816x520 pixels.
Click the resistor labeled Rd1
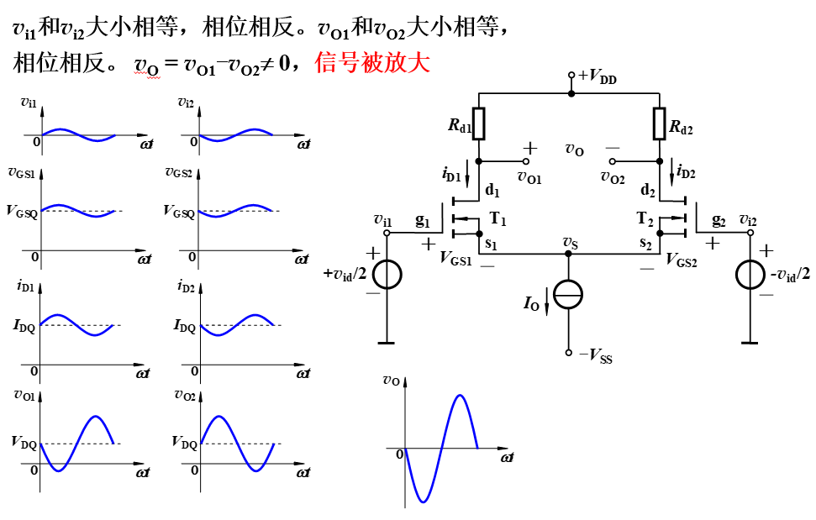pos(479,123)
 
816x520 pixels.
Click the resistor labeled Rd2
pos(660,123)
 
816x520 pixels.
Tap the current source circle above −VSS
pos(568,294)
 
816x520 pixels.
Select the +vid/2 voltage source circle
pos(386,275)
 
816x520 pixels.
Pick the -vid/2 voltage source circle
pos(750,275)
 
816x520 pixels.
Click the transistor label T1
pos(498,220)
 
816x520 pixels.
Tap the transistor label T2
pos(645,220)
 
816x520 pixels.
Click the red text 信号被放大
pos(372,63)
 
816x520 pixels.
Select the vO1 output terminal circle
pos(528,161)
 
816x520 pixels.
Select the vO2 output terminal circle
pos(612,161)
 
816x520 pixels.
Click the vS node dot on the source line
pos(568,252)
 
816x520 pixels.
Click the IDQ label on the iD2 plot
pos(184,325)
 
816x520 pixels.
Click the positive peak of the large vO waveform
pos(459,396)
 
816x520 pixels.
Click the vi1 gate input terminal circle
pos(387,233)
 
